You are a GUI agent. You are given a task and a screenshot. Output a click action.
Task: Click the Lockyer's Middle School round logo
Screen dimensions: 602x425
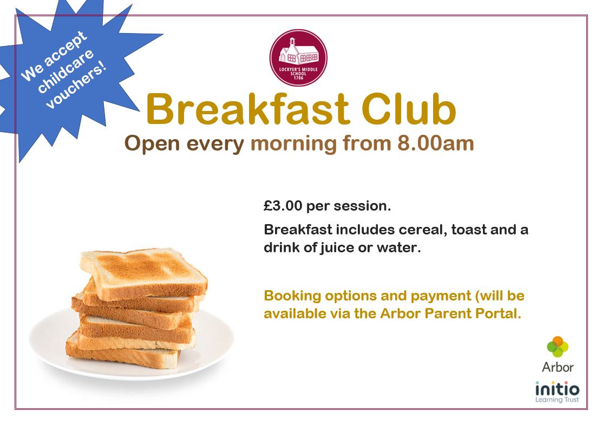tap(298, 57)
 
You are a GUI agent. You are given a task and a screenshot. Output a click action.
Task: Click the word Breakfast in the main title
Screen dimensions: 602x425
tap(247, 109)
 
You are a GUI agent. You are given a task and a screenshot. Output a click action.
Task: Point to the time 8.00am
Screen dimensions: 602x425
tap(435, 143)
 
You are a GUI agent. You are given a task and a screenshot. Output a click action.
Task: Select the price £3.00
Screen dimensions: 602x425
tap(283, 206)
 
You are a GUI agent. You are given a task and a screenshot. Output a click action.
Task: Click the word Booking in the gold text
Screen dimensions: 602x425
tap(292, 296)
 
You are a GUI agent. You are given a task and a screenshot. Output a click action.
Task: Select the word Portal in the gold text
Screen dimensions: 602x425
tap(499, 313)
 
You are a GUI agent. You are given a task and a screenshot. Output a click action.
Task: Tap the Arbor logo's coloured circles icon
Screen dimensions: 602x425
tap(558, 346)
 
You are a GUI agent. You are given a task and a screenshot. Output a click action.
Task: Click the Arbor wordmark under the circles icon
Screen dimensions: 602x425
tap(558, 368)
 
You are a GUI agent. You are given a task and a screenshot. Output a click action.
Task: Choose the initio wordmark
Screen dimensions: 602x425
tap(557, 389)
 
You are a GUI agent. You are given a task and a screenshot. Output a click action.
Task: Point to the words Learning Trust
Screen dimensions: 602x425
tap(557, 400)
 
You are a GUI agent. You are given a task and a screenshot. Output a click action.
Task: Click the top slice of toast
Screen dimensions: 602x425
tap(143, 273)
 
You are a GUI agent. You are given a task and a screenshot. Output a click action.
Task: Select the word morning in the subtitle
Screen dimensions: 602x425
tap(294, 144)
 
